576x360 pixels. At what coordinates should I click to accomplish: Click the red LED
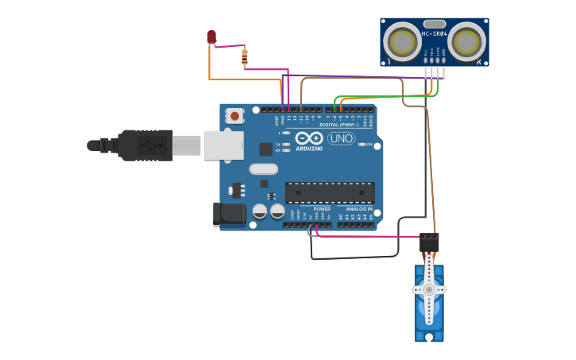coord(211,37)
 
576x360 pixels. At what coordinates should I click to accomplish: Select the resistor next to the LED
coord(244,56)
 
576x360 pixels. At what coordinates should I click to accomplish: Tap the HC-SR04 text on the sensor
coord(434,33)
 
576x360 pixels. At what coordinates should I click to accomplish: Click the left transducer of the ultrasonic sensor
coord(403,42)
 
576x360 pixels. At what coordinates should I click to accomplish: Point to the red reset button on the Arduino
coord(234,115)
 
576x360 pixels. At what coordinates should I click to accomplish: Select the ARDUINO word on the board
coord(309,149)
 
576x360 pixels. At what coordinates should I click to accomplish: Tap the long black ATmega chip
coord(330,192)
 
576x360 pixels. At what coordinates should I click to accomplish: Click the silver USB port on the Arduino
coord(223,145)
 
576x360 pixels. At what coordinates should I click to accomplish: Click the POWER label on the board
coord(322,209)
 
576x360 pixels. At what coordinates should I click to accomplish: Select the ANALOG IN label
coord(359,209)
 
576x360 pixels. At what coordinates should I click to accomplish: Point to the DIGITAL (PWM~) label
coord(339,125)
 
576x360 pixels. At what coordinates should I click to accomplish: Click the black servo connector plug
coord(429,242)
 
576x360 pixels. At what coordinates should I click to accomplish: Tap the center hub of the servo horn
coord(429,289)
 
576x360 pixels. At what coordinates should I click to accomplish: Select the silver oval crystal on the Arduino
coord(264,168)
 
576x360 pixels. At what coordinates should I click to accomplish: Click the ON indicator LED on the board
coord(362,145)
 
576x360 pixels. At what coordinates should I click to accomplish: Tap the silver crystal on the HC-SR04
coord(434,24)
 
